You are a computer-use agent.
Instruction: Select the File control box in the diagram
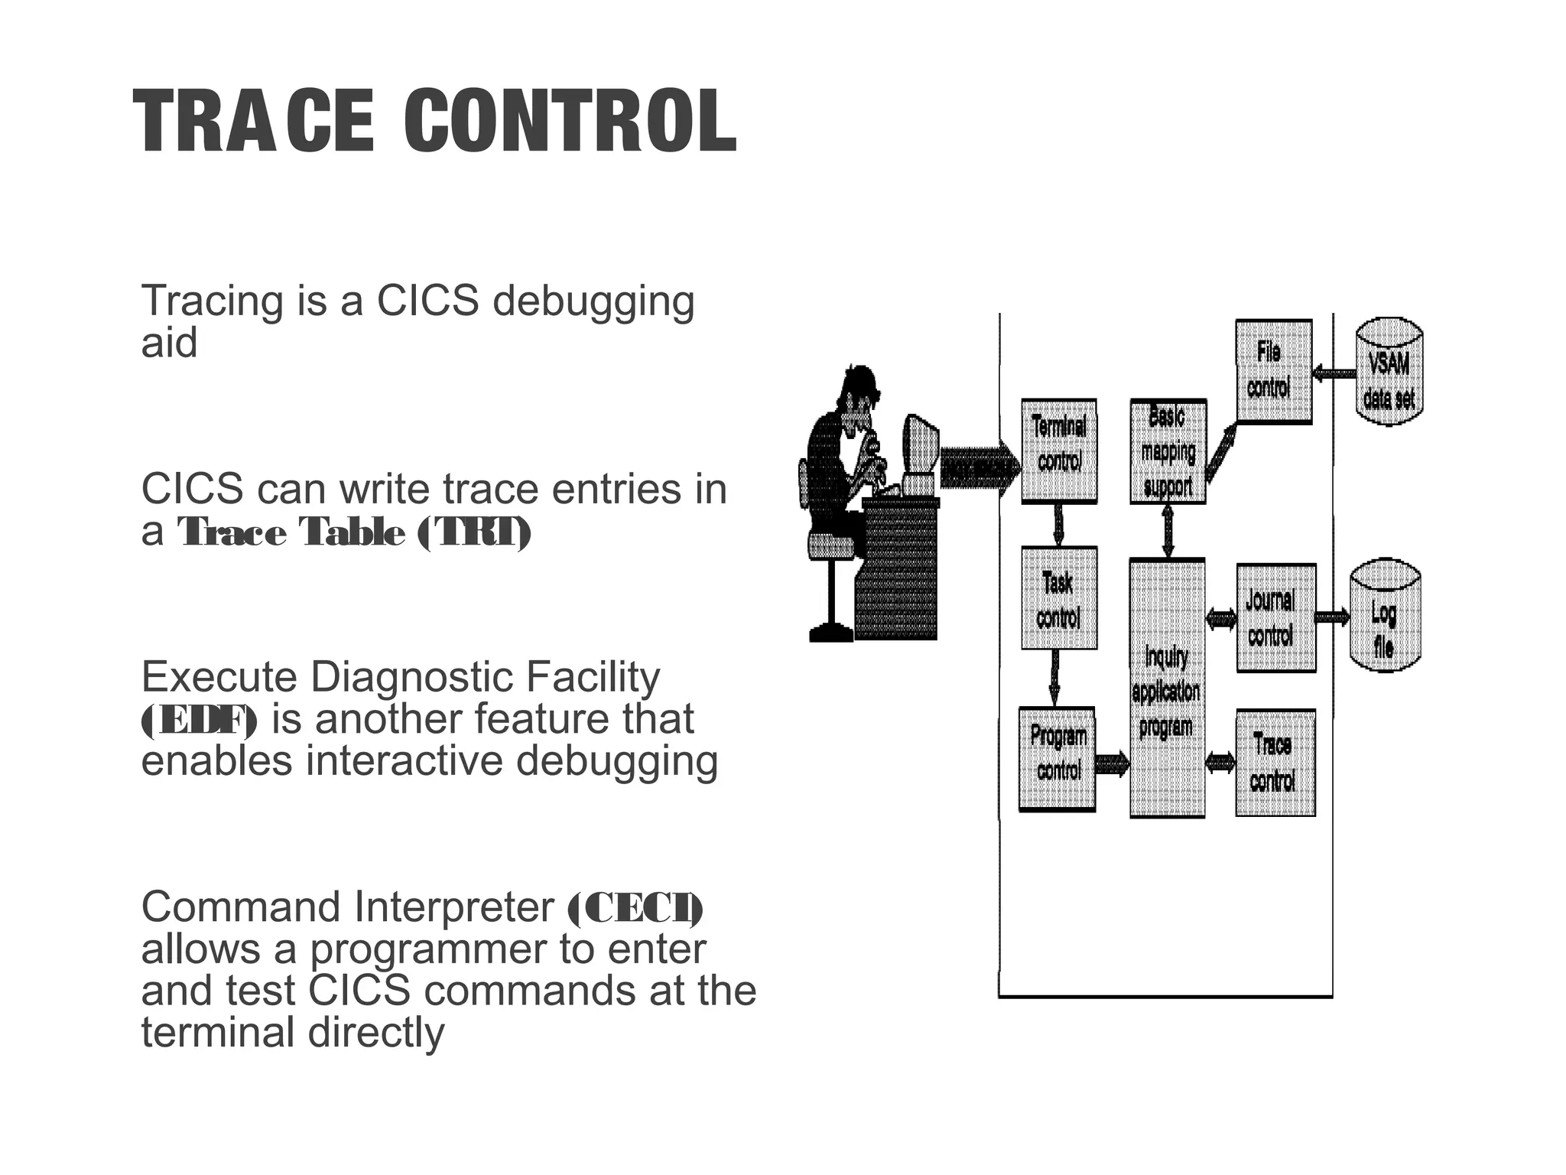tap(1273, 371)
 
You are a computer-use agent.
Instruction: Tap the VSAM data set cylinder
tap(1389, 373)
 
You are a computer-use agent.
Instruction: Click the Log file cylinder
tap(1385, 617)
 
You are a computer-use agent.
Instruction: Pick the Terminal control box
tap(1059, 450)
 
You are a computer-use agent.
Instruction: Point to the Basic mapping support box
tap(1168, 451)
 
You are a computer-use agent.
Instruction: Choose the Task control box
tap(1059, 598)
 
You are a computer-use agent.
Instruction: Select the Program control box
tap(1058, 759)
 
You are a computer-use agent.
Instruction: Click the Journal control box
tap(1275, 617)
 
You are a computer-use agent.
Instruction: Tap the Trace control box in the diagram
tap(1275, 763)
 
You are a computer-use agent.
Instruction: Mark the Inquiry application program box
tap(1167, 688)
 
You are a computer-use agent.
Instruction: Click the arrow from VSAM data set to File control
tap(1334, 373)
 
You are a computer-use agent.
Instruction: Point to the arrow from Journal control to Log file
tap(1333, 617)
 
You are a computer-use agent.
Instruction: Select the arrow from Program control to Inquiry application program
tap(1112, 763)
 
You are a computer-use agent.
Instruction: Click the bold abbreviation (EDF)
tap(200, 721)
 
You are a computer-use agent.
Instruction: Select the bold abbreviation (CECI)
tap(635, 908)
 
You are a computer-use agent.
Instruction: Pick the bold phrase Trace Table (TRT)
tap(354, 532)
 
